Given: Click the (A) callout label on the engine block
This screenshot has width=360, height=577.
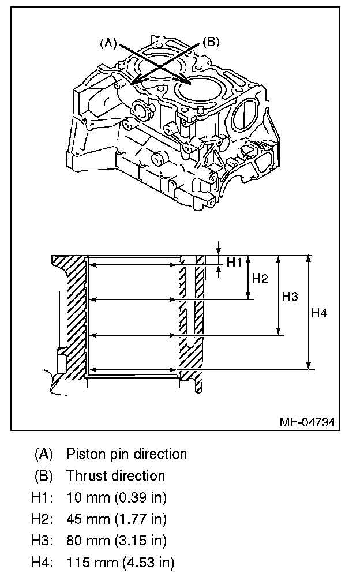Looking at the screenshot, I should click(x=108, y=42).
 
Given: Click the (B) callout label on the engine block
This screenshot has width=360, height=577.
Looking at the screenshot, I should click(x=211, y=42).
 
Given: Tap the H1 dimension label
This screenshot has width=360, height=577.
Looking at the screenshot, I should click(x=234, y=263).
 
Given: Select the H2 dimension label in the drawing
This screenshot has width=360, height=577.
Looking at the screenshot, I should click(x=260, y=279).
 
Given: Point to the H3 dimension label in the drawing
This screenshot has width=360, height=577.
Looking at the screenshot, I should click(x=290, y=297).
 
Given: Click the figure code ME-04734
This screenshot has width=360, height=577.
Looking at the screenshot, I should click(x=307, y=422).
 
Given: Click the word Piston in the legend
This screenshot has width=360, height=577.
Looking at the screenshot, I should click(x=84, y=454).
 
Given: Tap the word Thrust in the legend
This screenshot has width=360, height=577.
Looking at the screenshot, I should click(x=84, y=475).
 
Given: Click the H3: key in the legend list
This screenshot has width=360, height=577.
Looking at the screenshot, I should click(x=42, y=540).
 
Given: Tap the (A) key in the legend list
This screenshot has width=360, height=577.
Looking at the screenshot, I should click(x=44, y=454).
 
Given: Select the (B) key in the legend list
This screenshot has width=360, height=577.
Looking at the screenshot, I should click(x=44, y=475).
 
